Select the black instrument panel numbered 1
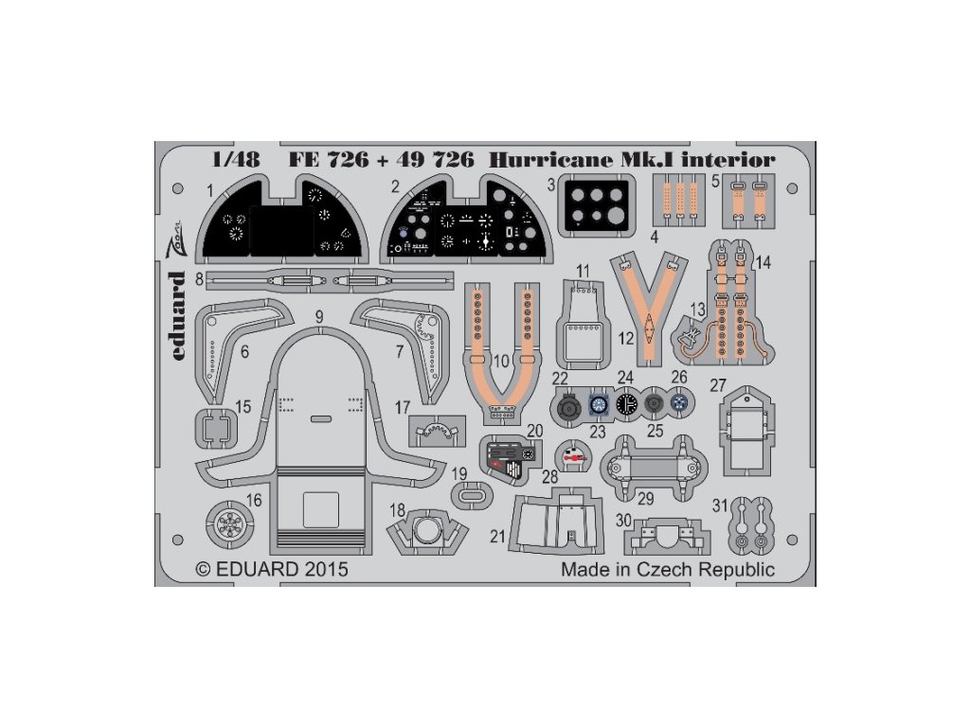pos(281,226)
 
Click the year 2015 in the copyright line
pos(327,570)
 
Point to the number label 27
pos(744,385)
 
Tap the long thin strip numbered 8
pos(328,280)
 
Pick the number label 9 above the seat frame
pos(320,316)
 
